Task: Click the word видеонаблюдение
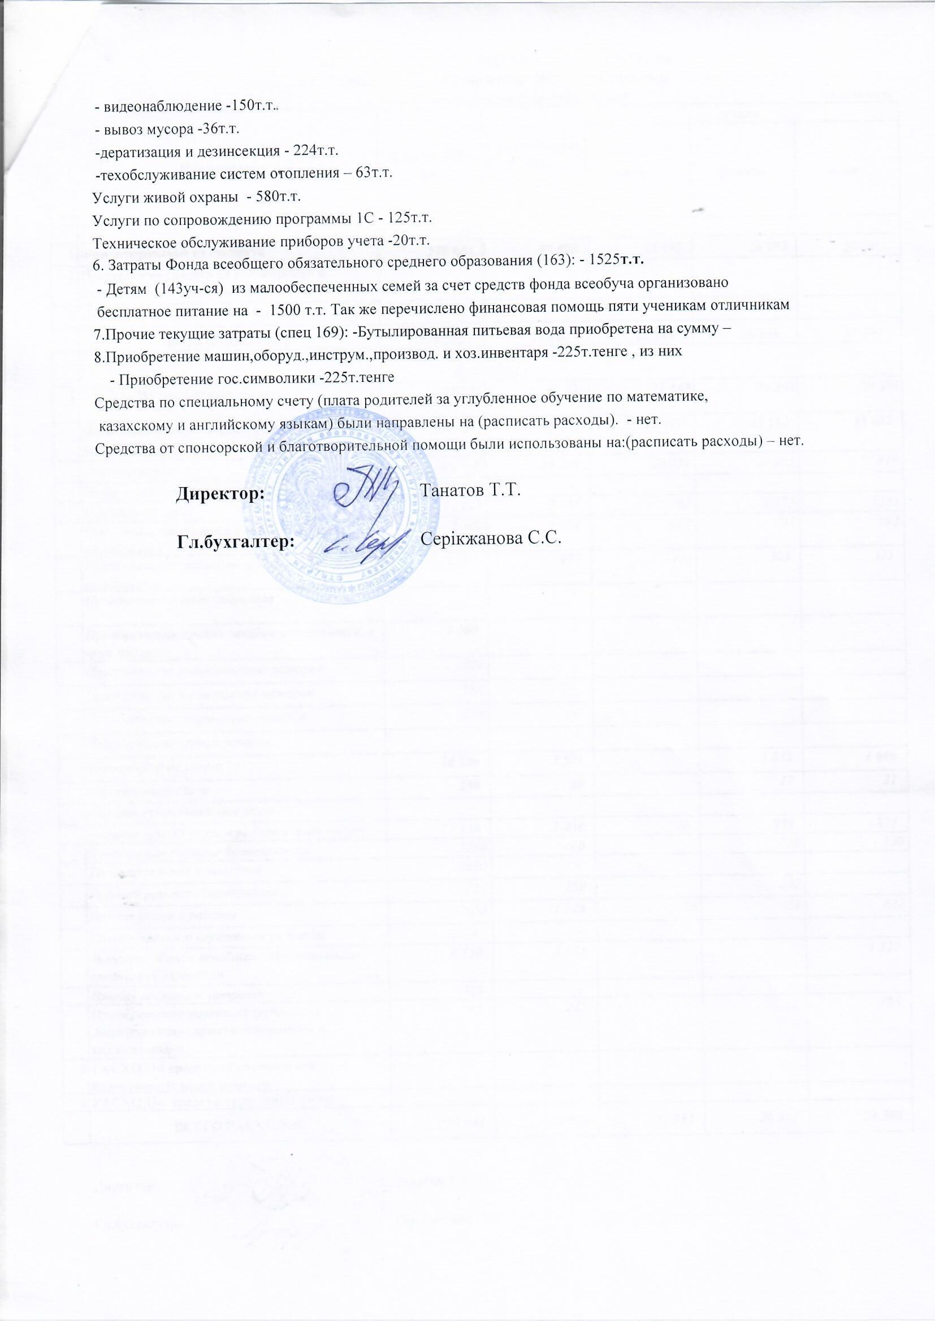(x=162, y=107)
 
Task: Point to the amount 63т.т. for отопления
(x=374, y=173)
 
